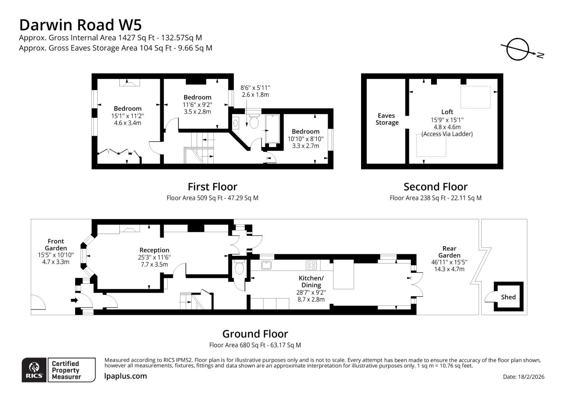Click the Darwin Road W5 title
tap(80, 25)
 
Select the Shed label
tap(508, 297)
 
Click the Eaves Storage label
tap(387, 119)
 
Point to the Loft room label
tap(447, 112)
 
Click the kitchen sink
tap(266, 265)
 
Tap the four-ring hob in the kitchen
tap(311, 265)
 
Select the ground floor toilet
tap(239, 268)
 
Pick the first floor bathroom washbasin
tap(236, 123)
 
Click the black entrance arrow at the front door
tap(74, 300)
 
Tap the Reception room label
tap(154, 250)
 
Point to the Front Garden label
tap(56, 245)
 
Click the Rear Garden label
tap(449, 252)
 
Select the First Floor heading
tap(212, 187)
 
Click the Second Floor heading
tap(436, 187)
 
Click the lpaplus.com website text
tap(125, 376)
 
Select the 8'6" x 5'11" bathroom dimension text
tap(255, 88)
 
